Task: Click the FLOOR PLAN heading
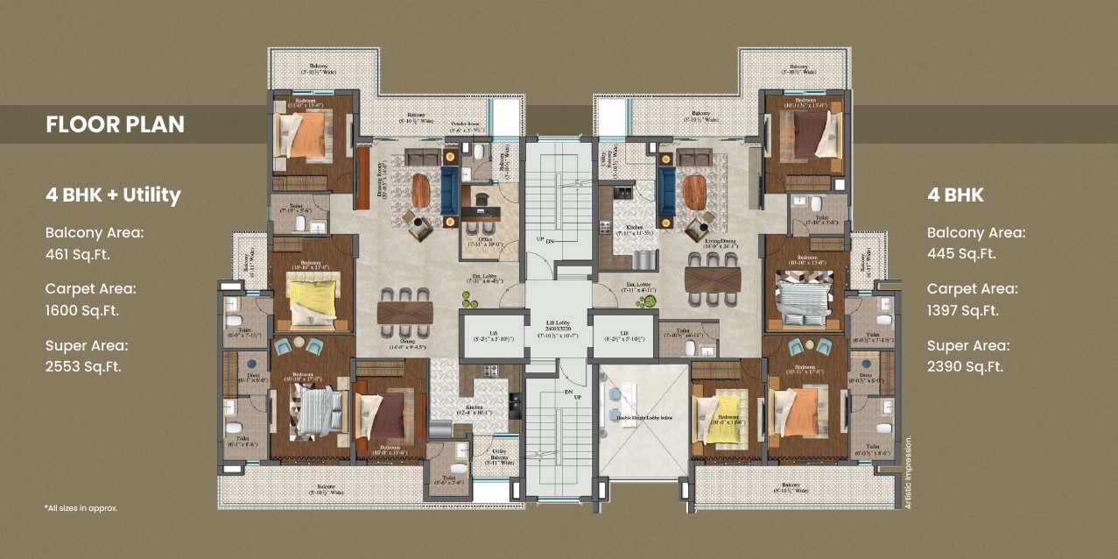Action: point(115,124)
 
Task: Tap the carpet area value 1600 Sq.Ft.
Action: point(82,310)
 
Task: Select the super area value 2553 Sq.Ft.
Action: point(83,366)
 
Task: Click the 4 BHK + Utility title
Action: point(113,195)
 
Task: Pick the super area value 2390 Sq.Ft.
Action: point(965,366)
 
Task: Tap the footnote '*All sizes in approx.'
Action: point(81,508)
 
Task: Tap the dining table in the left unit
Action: point(404,311)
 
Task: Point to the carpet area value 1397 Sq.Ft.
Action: point(964,310)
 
